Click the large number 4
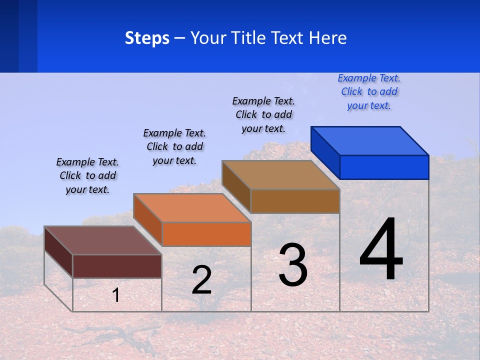point(381,250)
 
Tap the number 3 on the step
point(293,264)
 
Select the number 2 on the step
point(201,280)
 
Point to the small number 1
point(116,295)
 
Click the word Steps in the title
point(147,38)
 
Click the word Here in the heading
point(327,38)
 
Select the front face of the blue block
point(384,167)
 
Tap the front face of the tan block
point(295,201)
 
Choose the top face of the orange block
point(192,208)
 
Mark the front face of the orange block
point(206,234)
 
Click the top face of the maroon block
point(103,240)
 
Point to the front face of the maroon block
point(117,266)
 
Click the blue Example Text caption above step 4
point(369,92)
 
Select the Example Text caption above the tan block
point(263,114)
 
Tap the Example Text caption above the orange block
point(174,146)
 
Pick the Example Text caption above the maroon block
point(87,175)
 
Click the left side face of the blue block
point(325,152)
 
